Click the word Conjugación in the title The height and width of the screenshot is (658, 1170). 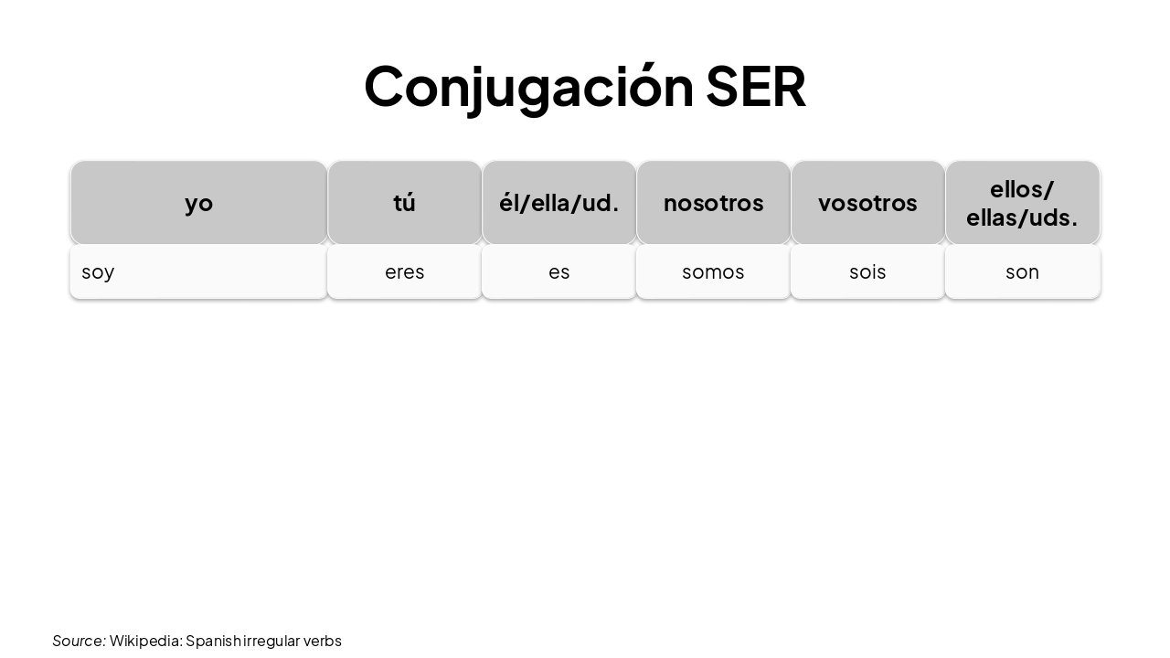coord(528,87)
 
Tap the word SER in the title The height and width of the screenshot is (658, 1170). coord(755,87)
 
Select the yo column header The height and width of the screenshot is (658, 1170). coord(198,202)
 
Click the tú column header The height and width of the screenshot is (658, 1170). coord(404,202)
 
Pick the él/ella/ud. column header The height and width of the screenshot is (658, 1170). coord(558,202)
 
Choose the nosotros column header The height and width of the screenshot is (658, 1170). coord(713,202)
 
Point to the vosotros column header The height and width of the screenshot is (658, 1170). coord(867,202)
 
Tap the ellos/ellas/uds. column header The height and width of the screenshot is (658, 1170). coord(1022,202)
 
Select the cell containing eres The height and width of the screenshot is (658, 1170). coord(404,271)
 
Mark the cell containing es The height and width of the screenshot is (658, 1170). coord(558,271)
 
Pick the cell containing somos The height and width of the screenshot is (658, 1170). coord(713,271)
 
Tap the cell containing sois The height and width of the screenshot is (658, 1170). coord(867,271)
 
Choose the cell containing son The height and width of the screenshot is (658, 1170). coord(1022,271)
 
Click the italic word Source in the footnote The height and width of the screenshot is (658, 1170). coord(78,641)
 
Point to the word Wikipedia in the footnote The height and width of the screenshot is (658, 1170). coord(145,641)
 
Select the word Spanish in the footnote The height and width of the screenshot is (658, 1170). coord(213,641)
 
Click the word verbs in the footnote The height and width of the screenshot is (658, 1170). coord(323,641)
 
